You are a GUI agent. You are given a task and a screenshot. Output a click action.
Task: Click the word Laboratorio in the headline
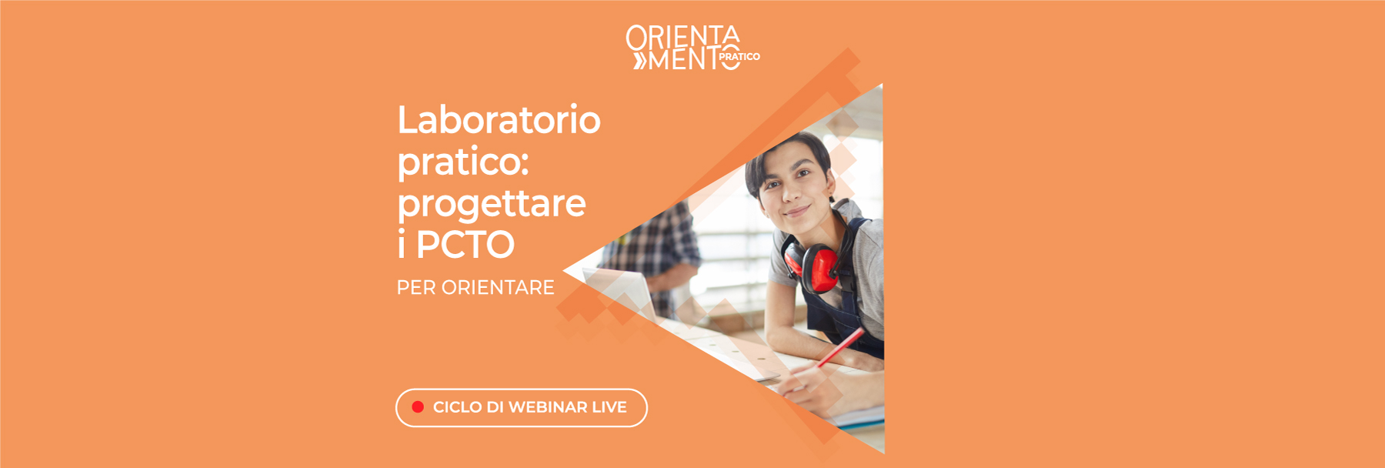[x=499, y=120]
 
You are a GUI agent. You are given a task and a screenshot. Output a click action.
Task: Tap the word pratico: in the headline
[x=463, y=162]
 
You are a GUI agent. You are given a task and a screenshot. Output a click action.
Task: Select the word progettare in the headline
[x=492, y=204]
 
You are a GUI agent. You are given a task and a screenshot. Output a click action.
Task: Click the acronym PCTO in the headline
[x=466, y=246]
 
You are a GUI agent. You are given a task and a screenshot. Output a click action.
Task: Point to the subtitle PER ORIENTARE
[x=476, y=288]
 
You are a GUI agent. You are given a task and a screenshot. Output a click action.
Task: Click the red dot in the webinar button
[x=418, y=407]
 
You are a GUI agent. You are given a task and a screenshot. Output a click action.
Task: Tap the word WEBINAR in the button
[x=548, y=407]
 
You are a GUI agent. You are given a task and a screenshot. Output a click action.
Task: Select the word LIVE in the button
[x=609, y=407]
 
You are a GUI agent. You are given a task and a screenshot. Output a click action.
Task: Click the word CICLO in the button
[x=457, y=407]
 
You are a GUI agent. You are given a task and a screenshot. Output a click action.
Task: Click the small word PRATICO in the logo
[x=739, y=57]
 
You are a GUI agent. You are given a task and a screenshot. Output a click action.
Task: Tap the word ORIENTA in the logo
[x=682, y=36]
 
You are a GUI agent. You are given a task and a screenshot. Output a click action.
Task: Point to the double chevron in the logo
[x=640, y=61]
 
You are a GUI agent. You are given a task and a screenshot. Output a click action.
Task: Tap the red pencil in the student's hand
[x=840, y=348]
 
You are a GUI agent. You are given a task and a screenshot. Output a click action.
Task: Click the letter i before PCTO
[x=402, y=246]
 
